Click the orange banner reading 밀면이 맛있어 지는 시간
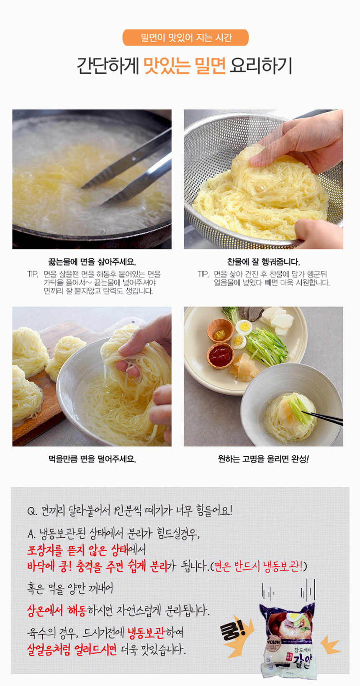pos(186,38)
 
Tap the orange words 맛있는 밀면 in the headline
pos(185,66)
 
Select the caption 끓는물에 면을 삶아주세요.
pos(92,262)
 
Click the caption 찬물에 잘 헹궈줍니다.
pos(263,262)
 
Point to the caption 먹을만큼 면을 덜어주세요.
pos(92,459)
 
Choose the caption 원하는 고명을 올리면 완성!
pos(263,459)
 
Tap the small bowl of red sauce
pos(220,356)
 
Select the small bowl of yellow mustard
pos(220,330)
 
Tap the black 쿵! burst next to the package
pos(234,631)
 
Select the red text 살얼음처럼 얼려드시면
pos(72,649)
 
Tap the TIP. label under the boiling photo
pos(33,274)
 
